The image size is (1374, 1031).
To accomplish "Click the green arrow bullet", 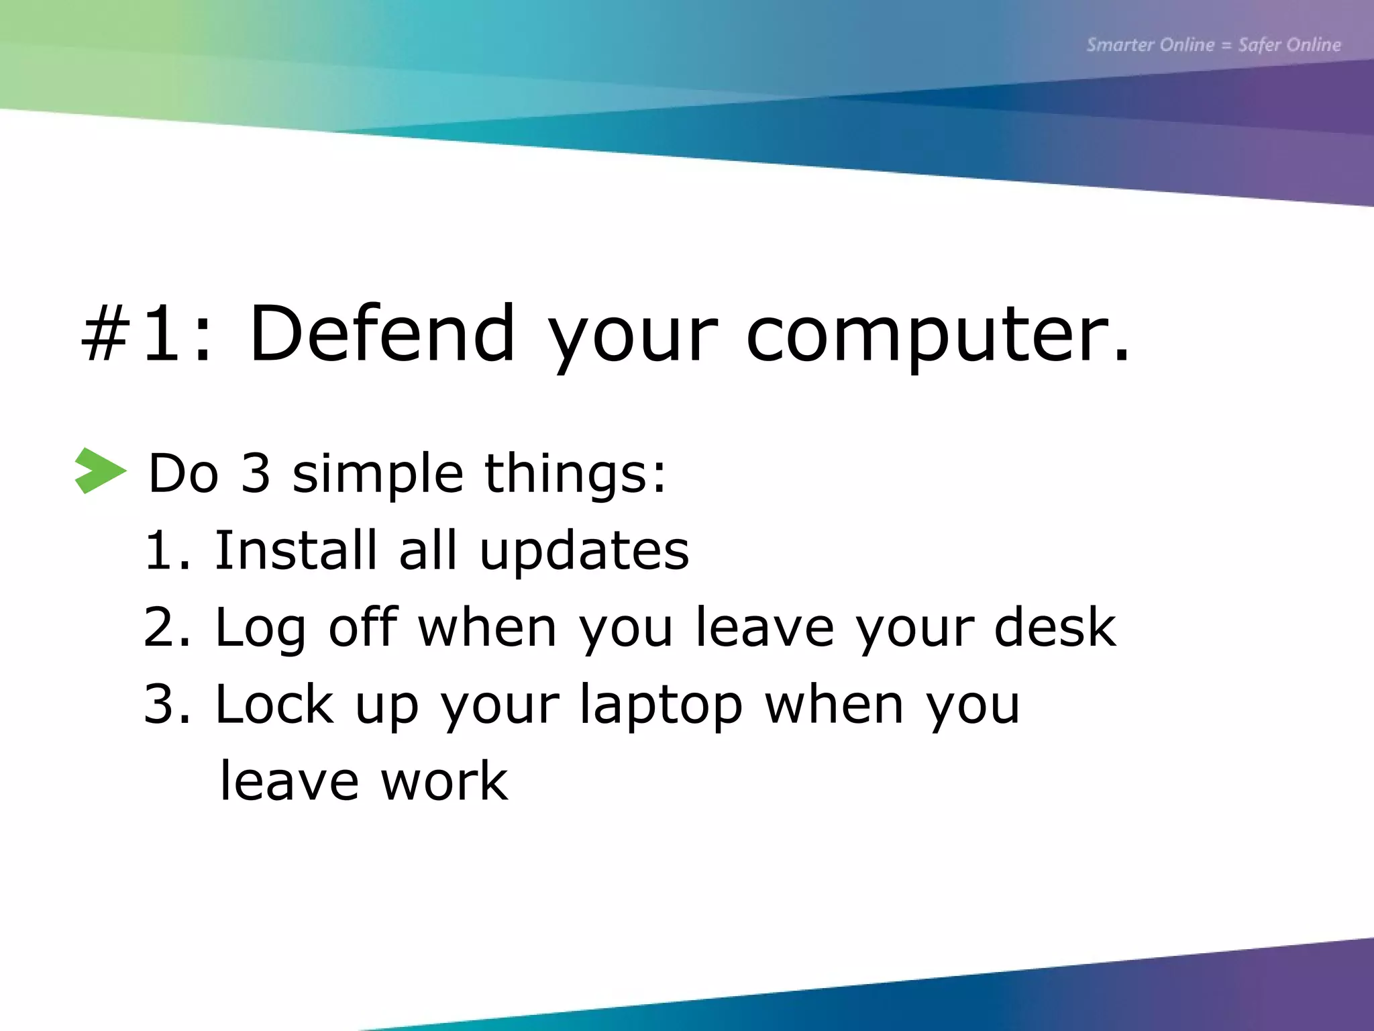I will (x=101, y=471).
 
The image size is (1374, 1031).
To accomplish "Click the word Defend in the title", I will (x=382, y=334).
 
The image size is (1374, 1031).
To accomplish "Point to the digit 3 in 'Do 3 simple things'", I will (x=256, y=473).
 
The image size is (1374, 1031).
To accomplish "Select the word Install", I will (x=295, y=550).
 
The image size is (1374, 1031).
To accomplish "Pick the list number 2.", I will (x=166, y=627).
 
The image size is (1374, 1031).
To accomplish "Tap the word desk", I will (x=1055, y=627).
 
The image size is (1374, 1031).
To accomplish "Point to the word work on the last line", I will (x=444, y=781).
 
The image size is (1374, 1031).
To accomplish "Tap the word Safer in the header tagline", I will (x=1259, y=45).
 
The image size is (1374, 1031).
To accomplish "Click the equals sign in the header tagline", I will (x=1226, y=46).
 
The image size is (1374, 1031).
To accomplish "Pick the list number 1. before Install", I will (x=166, y=550).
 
